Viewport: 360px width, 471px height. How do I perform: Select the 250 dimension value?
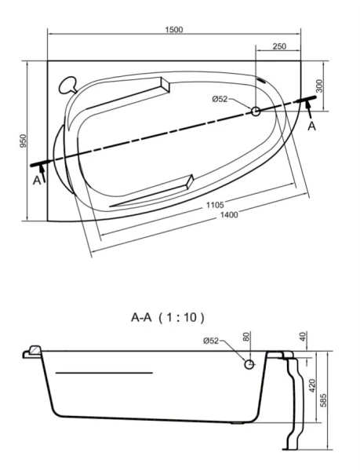click(x=278, y=47)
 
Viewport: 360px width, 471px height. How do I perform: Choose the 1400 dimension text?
click(x=230, y=214)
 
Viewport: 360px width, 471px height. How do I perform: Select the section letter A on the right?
click(x=311, y=126)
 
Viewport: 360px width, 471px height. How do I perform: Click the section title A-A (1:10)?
click(x=167, y=318)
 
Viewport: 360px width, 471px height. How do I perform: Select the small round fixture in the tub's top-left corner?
click(x=68, y=82)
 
